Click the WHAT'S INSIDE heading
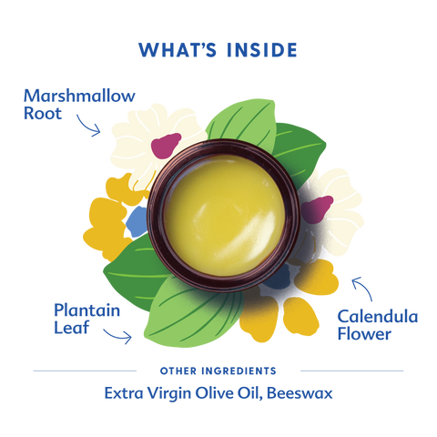218,49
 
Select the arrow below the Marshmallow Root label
89,126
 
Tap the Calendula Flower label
378,325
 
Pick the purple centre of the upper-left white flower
167,143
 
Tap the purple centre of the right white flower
314,209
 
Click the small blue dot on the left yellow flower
136,218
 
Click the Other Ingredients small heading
218,371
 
